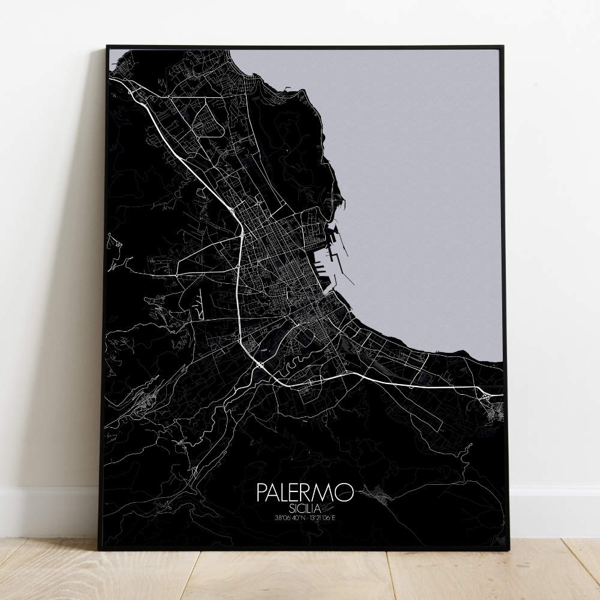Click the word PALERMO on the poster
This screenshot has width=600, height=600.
[305, 493]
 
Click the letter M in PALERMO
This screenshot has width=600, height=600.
[328, 493]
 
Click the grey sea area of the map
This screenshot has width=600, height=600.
[420, 180]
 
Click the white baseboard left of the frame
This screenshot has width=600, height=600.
[48, 510]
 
